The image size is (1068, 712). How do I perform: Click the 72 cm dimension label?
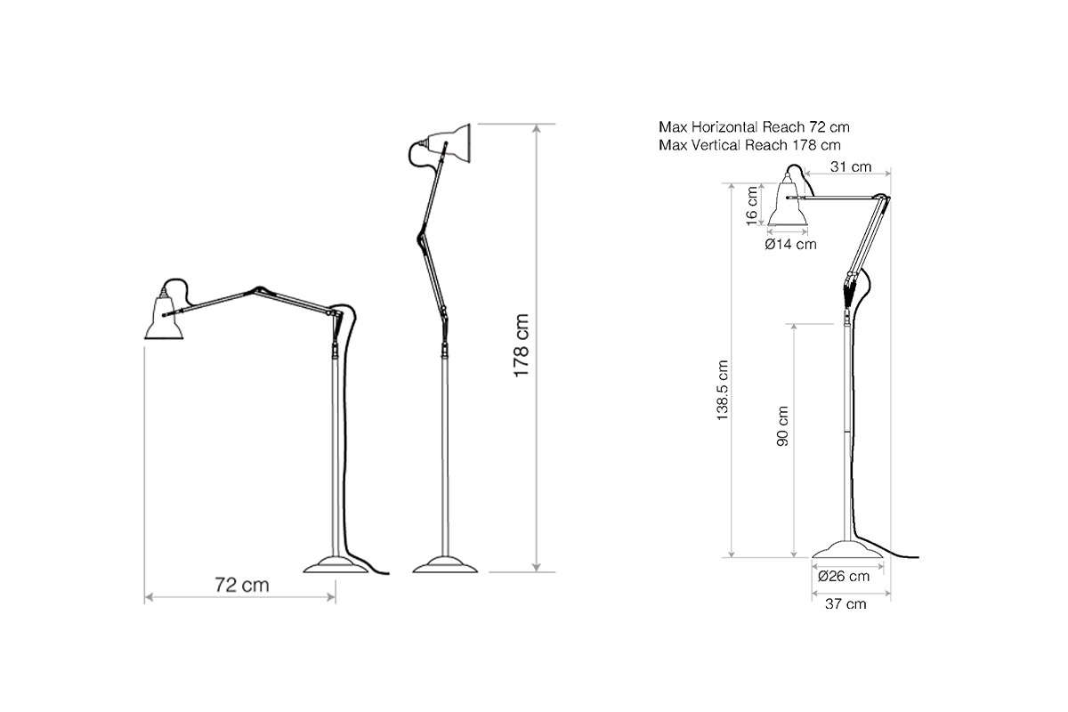pos(242,585)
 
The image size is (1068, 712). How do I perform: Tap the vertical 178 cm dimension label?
pos(522,345)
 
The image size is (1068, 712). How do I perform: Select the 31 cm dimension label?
pos(851,167)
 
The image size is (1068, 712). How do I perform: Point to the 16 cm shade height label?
pos(751,206)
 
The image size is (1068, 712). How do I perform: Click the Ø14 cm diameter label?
pos(791,244)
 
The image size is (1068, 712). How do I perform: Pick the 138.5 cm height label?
pos(723,390)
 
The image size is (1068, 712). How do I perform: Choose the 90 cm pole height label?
pos(782,425)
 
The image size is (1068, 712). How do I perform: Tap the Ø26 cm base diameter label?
pos(844,576)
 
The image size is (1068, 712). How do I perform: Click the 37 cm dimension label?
pos(845,603)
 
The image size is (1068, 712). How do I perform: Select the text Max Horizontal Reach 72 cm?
pos(755,127)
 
